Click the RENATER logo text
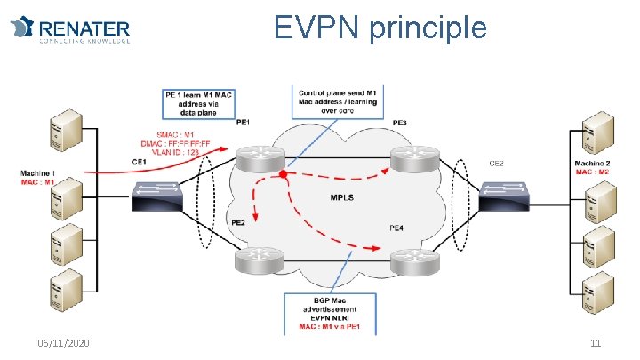[84, 30]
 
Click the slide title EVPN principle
[380, 28]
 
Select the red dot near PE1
[284, 173]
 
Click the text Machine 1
[38, 172]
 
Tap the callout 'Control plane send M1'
[337, 100]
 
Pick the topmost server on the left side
[68, 131]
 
